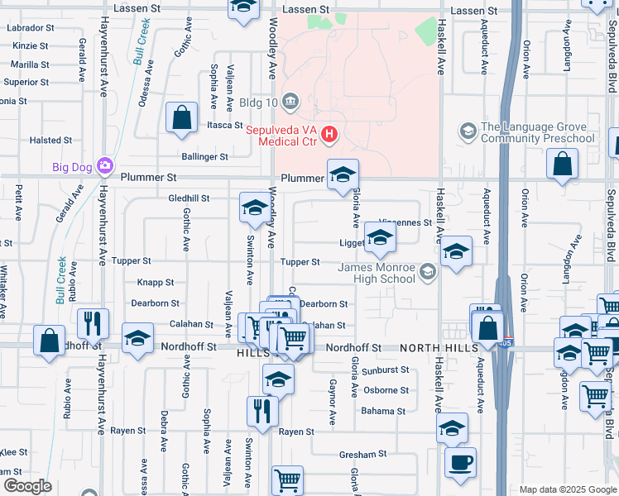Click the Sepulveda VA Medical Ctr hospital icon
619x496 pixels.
click(x=330, y=133)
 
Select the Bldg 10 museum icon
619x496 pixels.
click(x=290, y=102)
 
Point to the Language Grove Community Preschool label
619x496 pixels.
click(x=538, y=132)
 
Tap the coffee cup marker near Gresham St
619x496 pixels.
click(x=460, y=462)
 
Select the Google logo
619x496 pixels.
click(x=27, y=486)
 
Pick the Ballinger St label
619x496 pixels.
click(x=204, y=156)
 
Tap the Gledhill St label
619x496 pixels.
click(x=189, y=198)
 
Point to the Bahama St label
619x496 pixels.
click(x=383, y=411)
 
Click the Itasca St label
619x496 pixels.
click(x=223, y=125)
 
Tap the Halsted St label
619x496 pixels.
click(x=50, y=141)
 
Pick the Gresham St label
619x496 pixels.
click(x=363, y=455)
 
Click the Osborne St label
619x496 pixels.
click(x=386, y=390)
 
